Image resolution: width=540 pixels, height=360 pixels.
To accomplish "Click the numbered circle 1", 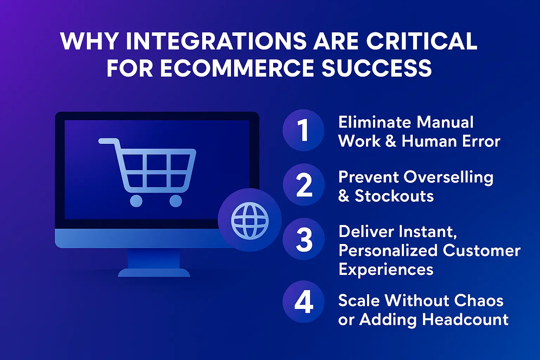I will pos(303,130).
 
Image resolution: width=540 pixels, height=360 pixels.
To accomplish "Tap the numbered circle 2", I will pos(304,185).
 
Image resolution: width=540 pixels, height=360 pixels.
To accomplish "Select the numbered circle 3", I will pos(304,239).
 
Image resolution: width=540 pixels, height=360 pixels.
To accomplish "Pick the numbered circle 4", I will pos(304,302).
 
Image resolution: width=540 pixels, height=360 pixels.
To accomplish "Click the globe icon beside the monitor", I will pos(250,220).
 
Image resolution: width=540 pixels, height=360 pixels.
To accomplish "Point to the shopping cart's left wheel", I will pos(136,201).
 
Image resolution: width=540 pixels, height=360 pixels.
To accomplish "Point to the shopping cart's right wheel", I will pos(175,201).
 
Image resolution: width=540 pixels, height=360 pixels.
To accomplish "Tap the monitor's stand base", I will pos(154,272).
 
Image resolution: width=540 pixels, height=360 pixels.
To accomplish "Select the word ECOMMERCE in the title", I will pos(237,68).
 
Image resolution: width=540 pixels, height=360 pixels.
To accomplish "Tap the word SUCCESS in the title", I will pos(377,68).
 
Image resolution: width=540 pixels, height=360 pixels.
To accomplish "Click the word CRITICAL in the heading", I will pos(422,41).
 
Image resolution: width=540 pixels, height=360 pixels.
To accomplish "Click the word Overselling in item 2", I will pos(448,177).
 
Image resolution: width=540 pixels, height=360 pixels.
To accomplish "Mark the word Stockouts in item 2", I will pos(394,196).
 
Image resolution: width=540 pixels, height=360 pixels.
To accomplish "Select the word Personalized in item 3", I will pos(388,251).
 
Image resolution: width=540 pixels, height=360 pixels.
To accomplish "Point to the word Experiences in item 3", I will pos(386,270).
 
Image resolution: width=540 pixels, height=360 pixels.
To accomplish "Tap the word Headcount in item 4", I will pos(465,320).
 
